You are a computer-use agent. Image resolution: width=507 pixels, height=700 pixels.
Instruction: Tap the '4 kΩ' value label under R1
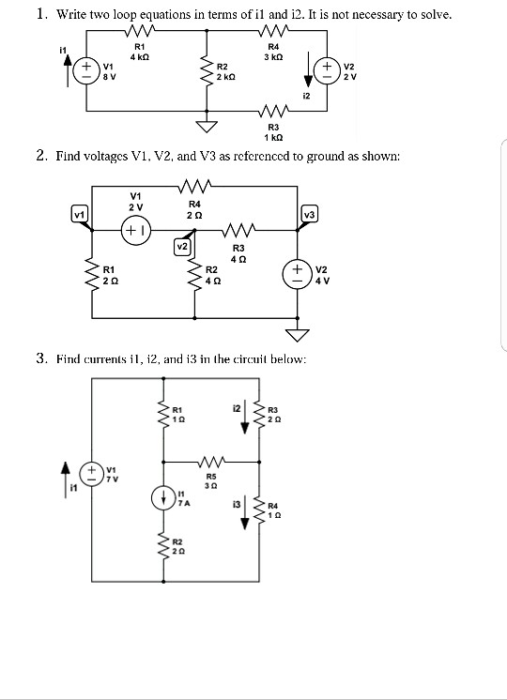(140, 56)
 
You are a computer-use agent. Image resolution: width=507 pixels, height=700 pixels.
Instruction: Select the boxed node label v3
(310, 216)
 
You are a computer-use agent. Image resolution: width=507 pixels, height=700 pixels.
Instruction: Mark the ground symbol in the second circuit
(302, 336)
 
